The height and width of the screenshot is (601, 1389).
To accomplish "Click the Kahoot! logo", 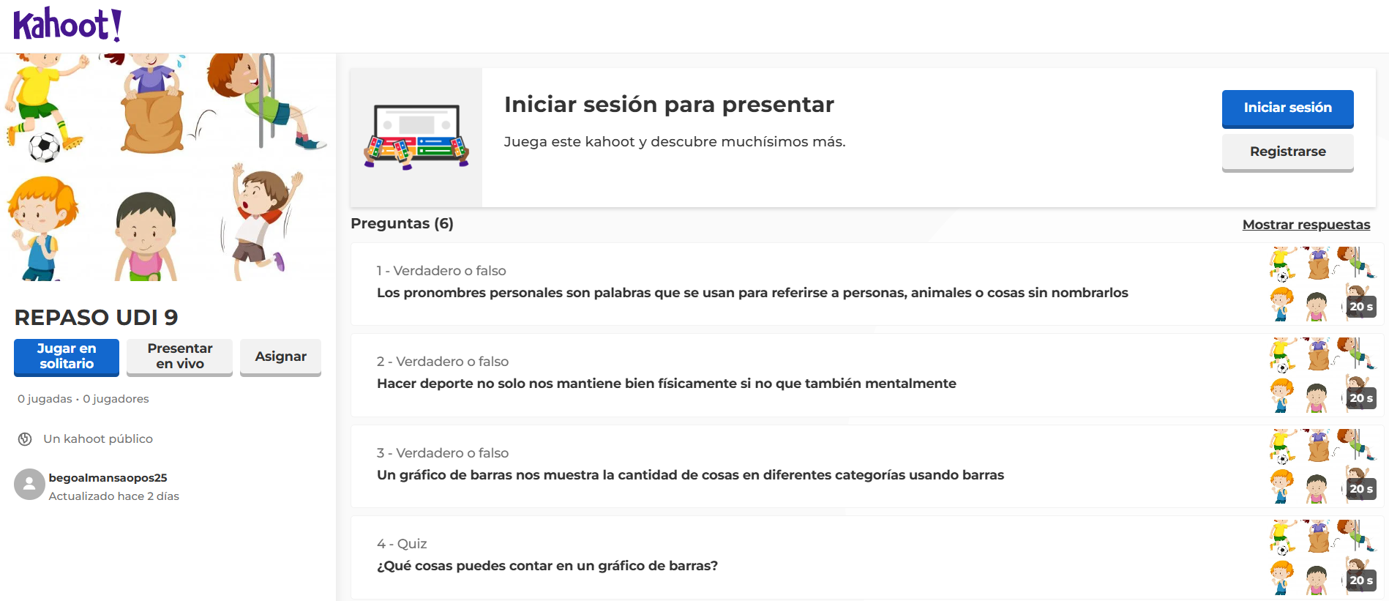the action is tap(67, 25).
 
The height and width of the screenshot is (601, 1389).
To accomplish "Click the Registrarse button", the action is tap(1287, 152).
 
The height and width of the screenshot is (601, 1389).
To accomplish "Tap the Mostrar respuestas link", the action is tap(1306, 225).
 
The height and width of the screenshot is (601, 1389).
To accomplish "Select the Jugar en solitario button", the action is tap(67, 357).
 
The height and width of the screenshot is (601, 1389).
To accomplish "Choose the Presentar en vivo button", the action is tap(179, 357).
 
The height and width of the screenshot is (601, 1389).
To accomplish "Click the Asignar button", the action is tap(280, 357).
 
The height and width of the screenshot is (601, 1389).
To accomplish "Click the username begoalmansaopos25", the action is tap(108, 478).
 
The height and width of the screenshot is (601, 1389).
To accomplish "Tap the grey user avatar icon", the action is tap(29, 485).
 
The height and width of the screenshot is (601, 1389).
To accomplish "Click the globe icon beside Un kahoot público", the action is tap(25, 439).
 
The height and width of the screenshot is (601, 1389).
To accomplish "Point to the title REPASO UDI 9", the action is tap(97, 318).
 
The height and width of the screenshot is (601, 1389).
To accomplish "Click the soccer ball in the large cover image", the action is tap(45, 147).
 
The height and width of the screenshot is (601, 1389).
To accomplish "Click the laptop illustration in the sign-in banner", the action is tap(416, 137).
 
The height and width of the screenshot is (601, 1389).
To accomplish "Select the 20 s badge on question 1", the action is tap(1361, 307).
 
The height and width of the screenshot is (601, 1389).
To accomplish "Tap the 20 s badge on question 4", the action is tap(1361, 581).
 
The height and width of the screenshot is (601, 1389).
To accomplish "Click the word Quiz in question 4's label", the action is tap(412, 544).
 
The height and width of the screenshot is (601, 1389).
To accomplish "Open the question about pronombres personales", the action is tap(752, 293).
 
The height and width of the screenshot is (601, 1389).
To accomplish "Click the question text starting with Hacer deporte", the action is tap(667, 384).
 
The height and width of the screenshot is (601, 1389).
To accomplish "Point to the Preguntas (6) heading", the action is tap(402, 223).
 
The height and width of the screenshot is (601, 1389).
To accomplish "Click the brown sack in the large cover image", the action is tap(152, 121).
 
